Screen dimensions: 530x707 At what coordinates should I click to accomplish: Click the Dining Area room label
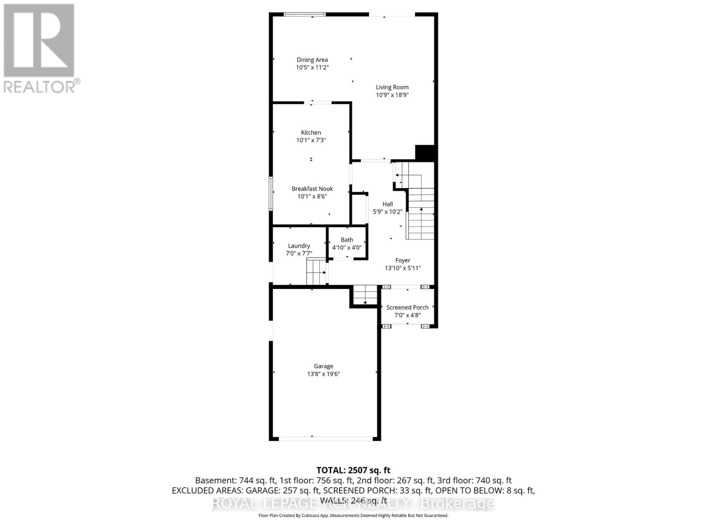click(x=312, y=60)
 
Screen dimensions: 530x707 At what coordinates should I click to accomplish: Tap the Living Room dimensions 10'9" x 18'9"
click(x=392, y=95)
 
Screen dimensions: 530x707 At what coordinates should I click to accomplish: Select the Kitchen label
click(x=311, y=132)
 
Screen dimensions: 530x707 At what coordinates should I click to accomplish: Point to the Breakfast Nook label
click(x=312, y=189)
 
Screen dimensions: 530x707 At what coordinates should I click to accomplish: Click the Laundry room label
click(x=299, y=246)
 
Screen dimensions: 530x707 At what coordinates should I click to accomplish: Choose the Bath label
click(x=347, y=240)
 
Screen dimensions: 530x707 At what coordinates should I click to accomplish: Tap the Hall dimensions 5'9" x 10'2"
click(x=388, y=212)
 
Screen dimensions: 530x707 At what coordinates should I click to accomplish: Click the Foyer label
click(x=403, y=261)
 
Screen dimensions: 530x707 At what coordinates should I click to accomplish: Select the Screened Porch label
click(x=407, y=307)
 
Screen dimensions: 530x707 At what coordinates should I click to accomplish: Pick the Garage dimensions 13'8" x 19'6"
click(x=323, y=374)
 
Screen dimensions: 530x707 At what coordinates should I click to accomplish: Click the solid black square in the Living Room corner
click(x=426, y=153)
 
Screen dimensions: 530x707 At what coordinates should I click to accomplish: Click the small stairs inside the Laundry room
click(x=316, y=272)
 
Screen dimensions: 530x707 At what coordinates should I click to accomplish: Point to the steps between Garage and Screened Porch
click(x=365, y=295)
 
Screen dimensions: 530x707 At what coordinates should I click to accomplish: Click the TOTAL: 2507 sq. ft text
click(x=353, y=470)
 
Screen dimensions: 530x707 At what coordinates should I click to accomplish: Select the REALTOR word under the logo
click(x=40, y=87)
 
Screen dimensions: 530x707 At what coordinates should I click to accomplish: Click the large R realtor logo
click(x=39, y=40)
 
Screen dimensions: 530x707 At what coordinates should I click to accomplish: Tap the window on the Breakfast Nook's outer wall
click(x=271, y=193)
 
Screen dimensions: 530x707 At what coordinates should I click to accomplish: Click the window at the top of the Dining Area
click(x=304, y=15)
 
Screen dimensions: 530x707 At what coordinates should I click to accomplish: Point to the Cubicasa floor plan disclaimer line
click(x=353, y=515)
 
